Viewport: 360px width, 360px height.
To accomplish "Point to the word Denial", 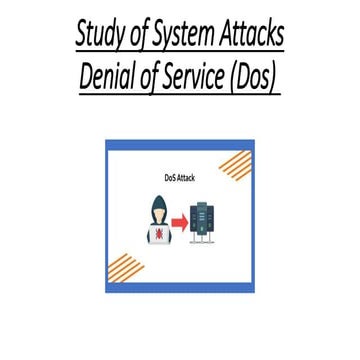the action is pyautogui.click(x=114, y=77).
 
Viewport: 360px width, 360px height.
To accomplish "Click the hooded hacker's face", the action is pyautogui.click(x=157, y=212).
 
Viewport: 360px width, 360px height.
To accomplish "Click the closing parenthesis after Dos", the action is pyautogui.click(x=274, y=77).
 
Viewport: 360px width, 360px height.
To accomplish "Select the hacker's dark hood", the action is pyautogui.click(x=157, y=203).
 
